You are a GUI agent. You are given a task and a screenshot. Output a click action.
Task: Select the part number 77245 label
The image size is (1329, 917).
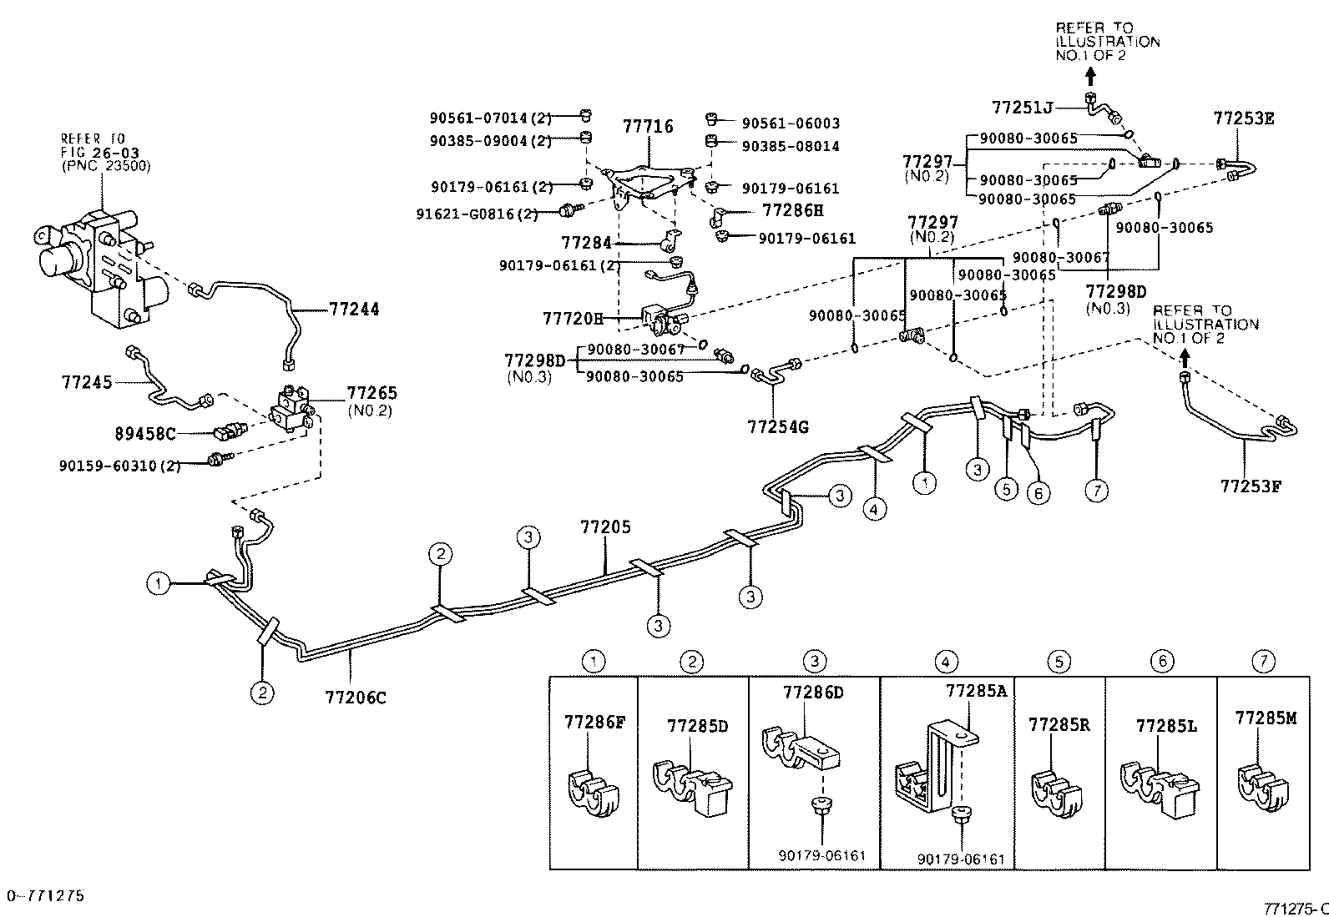point(87,382)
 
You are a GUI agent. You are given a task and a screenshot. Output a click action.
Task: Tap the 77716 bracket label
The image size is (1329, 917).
point(648,127)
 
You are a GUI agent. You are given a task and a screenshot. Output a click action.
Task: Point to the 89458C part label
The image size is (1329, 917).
point(145,433)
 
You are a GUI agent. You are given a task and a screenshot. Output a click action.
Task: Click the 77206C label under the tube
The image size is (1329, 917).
point(356,698)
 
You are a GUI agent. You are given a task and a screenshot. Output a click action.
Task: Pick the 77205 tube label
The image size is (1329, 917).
point(606,527)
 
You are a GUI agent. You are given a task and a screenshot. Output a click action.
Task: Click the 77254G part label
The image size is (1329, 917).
point(778,427)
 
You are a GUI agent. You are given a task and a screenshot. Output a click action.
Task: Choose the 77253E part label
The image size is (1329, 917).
point(1244,118)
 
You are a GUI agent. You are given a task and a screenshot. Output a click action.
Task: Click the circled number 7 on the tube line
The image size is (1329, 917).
point(1096,491)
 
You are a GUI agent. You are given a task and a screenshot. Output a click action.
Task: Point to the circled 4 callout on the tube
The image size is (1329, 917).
point(874,508)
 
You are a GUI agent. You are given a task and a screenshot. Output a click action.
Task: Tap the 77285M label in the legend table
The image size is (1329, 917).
point(1266,718)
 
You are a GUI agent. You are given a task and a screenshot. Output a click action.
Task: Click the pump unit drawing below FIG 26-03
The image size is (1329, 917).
point(92,259)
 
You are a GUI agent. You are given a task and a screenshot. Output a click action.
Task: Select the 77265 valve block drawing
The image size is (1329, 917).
point(291,407)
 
